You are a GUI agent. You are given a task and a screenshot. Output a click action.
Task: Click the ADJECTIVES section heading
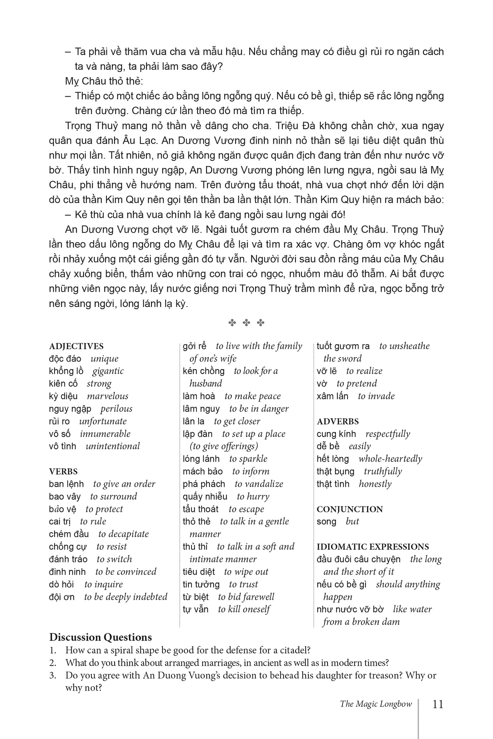(x=76, y=346)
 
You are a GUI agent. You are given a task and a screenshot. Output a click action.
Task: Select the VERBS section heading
(x=63, y=471)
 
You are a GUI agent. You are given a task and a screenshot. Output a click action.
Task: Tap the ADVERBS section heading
(x=337, y=421)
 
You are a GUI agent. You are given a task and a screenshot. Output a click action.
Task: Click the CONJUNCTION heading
(x=349, y=509)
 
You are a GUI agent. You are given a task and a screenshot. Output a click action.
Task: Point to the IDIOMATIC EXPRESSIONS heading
(x=373, y=546)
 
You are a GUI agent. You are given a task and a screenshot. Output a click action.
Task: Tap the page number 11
(x=437, y=704)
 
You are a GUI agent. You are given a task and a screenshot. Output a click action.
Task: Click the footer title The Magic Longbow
(x=376, y=704)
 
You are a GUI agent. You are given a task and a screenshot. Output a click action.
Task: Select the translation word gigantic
(x=108, y=371)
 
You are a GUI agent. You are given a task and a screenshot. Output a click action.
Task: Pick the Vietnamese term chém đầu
(x=69, y=534)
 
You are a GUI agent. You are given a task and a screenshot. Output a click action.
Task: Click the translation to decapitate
(x=124, y=534)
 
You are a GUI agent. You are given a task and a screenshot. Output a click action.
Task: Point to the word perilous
(x=116, y=408)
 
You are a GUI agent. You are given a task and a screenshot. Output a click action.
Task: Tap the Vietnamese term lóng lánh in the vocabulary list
(x=201, y=459)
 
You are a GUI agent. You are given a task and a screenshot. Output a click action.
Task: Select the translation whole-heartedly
(x=390, y=459)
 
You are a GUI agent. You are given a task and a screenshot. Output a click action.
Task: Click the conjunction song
(x=326, y=521)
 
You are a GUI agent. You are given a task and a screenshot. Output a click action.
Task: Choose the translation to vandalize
(x=259, y=484)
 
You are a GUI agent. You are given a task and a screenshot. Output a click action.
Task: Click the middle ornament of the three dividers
(x=246, y=323)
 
